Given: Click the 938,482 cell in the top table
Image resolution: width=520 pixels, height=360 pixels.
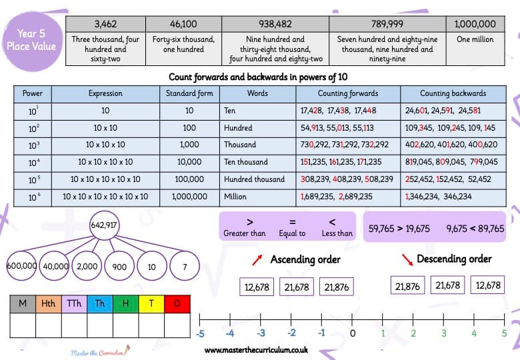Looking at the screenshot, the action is point(275,24).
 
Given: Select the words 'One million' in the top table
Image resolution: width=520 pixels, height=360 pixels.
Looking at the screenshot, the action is point(475,39).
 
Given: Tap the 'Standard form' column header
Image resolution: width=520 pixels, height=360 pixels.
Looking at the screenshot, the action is point(189,94).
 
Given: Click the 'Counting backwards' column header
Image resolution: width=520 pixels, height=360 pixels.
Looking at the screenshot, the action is point(453,94).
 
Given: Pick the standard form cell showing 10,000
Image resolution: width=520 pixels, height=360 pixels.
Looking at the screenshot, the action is point(189,162).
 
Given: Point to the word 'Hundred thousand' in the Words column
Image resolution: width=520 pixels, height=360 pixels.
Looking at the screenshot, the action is point(254,179).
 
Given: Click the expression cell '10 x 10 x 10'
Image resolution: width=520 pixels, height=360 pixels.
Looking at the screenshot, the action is point(105,145).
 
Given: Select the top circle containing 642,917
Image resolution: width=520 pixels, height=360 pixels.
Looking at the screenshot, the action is point(104,225).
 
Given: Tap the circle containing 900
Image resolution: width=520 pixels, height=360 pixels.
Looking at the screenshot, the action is point(119,266).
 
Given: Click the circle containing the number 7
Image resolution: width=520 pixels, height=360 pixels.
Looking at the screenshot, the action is point(185,266).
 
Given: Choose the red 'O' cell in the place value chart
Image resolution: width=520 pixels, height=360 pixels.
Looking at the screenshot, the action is point(177,303).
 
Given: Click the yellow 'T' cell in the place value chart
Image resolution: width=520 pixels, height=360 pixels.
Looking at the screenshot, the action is point(151,303).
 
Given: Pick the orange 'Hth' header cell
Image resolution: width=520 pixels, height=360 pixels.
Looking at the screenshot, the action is point(49,303).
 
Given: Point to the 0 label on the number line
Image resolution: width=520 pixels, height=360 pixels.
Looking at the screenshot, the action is point(352,333).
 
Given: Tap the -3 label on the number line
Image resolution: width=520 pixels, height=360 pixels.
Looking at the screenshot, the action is point(261,333).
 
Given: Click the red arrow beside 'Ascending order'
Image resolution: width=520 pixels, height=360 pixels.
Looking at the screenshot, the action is point(257,260).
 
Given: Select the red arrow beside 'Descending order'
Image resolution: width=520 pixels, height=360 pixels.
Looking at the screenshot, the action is point(407,260).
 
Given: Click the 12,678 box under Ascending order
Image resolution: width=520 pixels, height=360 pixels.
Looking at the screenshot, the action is point(257,287).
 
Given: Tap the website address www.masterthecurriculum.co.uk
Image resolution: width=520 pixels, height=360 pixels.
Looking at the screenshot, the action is point(256,350).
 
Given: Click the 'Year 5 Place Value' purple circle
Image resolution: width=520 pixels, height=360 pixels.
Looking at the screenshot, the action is point(32,41).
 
